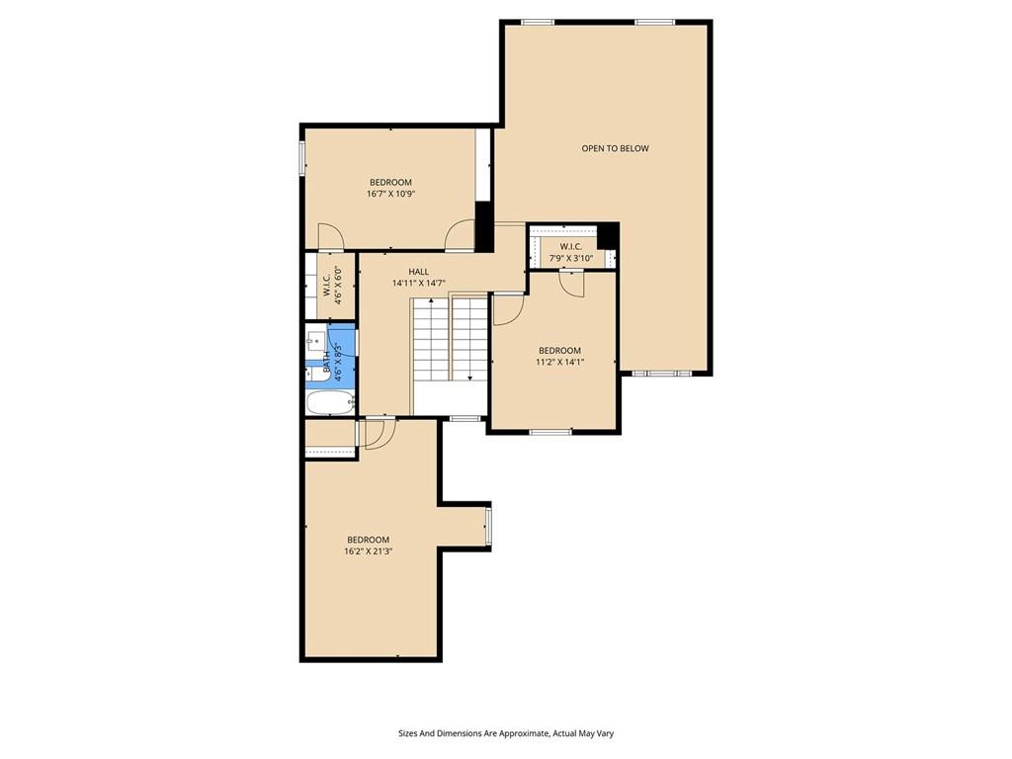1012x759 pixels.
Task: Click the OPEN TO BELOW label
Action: (615, 148)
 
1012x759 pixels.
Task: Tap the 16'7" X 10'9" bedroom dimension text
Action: (390, 193)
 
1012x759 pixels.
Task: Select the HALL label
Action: (418, 272)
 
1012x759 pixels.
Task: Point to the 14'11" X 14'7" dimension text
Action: (419, 283)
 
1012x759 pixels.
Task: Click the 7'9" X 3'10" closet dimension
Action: (571, 258)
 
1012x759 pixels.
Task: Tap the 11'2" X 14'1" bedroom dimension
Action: (559, 362)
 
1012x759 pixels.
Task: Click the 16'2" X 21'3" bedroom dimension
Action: (369, 551)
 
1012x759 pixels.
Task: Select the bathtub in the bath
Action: (330, 403)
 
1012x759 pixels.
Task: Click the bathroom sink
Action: (316, 339)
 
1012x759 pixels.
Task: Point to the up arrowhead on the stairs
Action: (431, 301)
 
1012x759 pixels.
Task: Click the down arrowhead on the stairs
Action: (469, 378)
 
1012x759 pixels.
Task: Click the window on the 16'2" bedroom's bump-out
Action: (488, 528)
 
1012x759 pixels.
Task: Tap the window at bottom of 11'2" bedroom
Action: (550, 431)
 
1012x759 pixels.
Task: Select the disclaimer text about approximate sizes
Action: (506, 733)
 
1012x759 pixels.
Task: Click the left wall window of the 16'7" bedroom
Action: (301, 158)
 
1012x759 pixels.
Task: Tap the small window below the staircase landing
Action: (465, 418)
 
